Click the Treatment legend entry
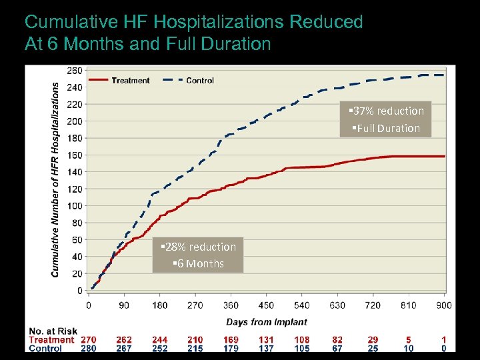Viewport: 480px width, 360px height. (131, 81)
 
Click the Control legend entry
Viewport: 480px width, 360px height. (199, 81)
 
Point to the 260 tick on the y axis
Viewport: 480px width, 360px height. (75, 70)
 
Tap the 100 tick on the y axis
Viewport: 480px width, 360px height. (75, 206)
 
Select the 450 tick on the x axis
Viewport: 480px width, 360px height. (266, 305)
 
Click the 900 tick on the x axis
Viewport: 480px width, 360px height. (443, 305)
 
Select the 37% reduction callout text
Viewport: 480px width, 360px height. (386, 111)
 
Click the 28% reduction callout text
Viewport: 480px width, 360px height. (198, 247)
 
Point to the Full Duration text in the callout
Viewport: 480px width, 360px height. (386, 128)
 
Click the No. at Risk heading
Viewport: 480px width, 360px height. (53, 331)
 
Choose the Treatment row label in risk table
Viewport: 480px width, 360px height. (51, 340)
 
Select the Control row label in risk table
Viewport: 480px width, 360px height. (45, 348)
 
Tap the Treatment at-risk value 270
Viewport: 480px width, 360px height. (88, 340)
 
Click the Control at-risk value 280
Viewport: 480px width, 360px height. (88, 348)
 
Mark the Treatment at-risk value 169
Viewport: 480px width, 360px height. (231, 340)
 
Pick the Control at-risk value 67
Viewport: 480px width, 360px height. (337, 348)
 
